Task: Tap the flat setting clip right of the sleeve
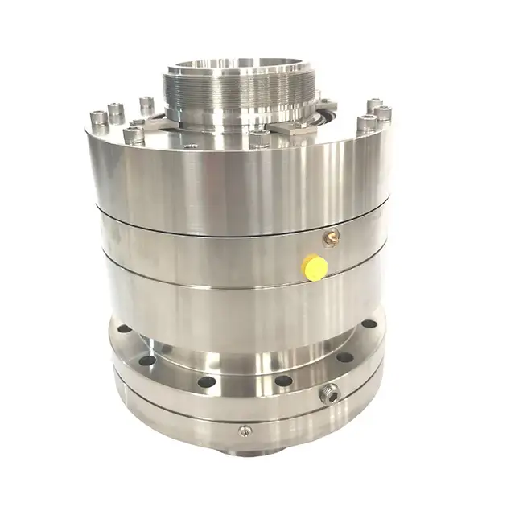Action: coord(292,129)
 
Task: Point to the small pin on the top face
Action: coord(191,146)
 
